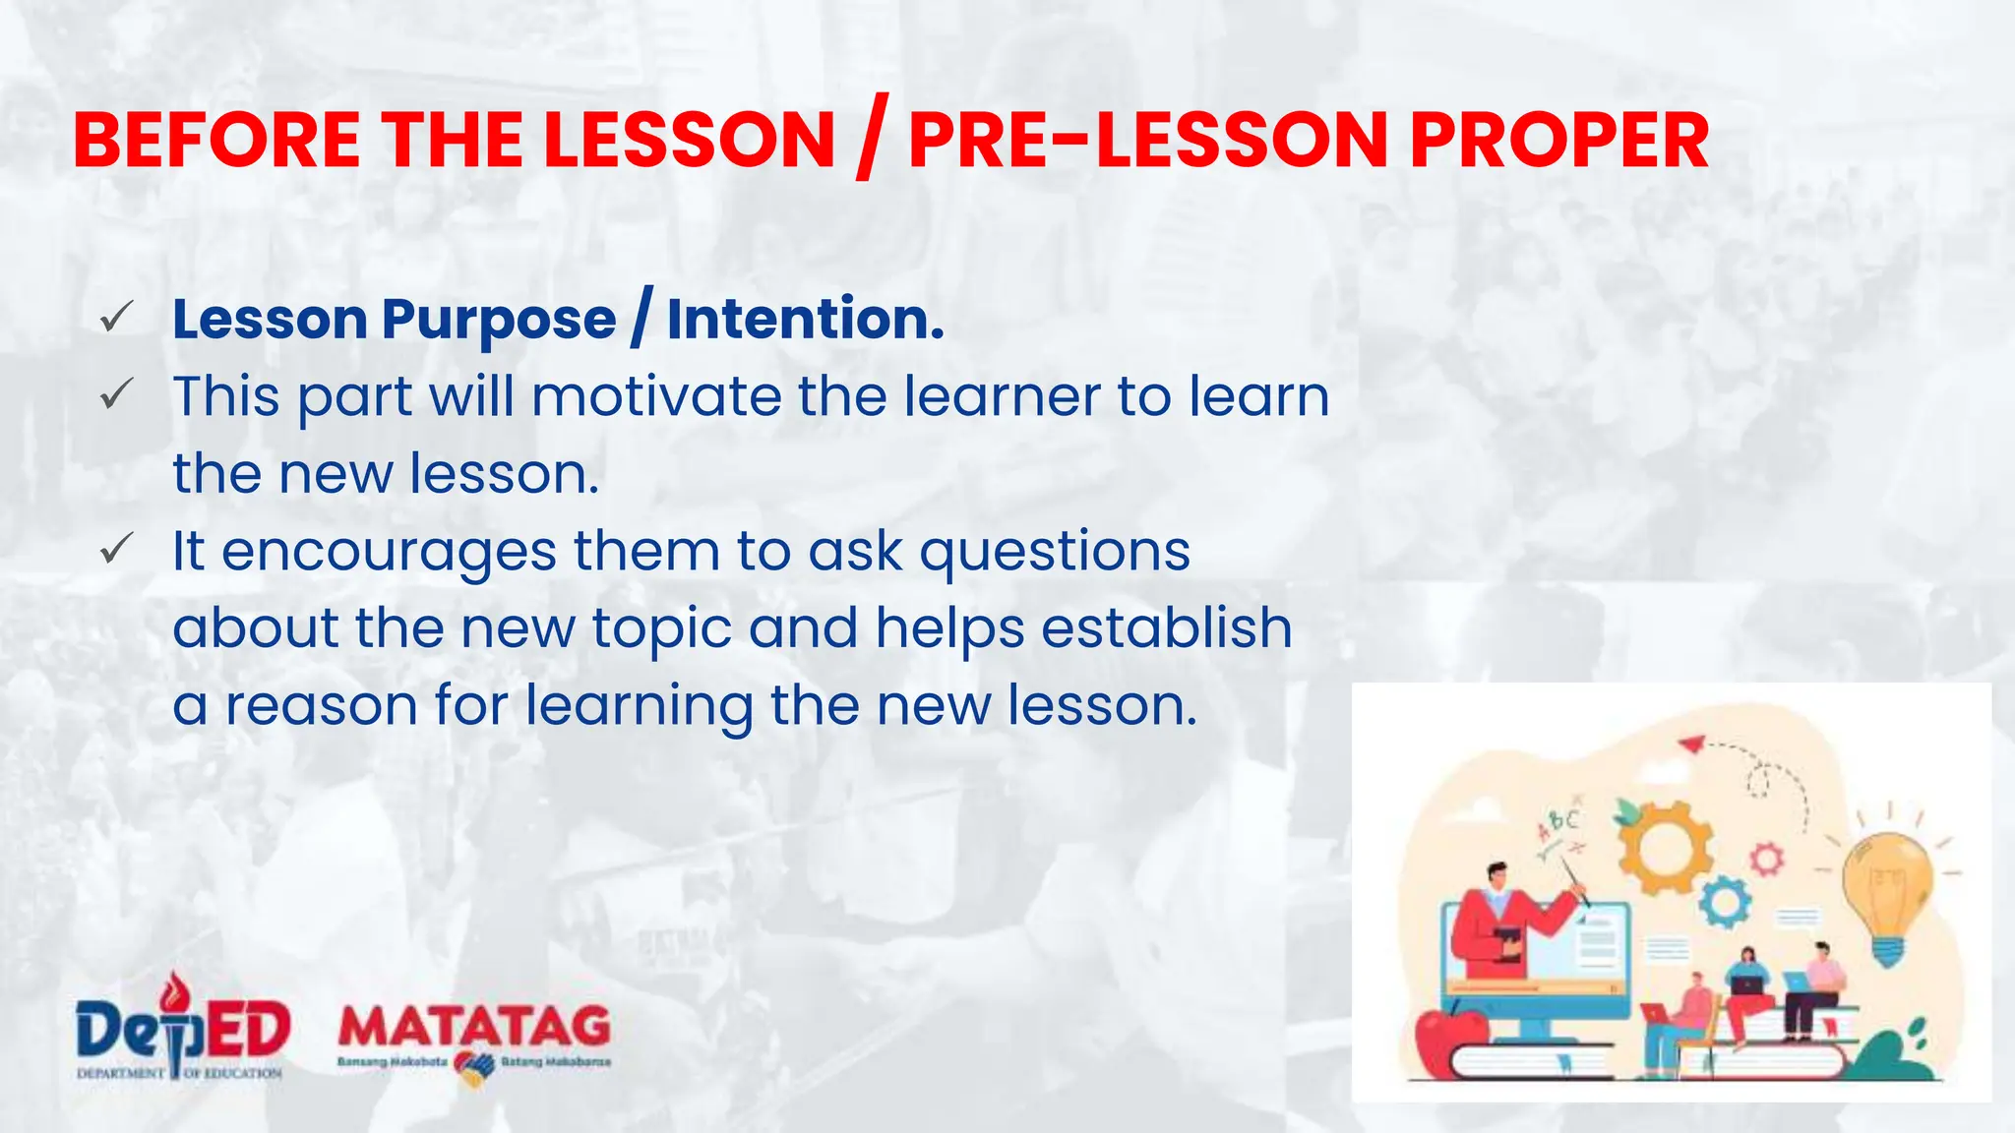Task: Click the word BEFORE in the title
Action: click(216, 140)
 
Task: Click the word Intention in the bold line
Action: click(805, 320)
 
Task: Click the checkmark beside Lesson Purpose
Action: click(116, 318)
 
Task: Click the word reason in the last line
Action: click(322, 706)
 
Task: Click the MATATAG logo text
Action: click(474, 1028)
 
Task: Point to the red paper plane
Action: click(1690, 744)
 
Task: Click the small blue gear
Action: click(1724, 902)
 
